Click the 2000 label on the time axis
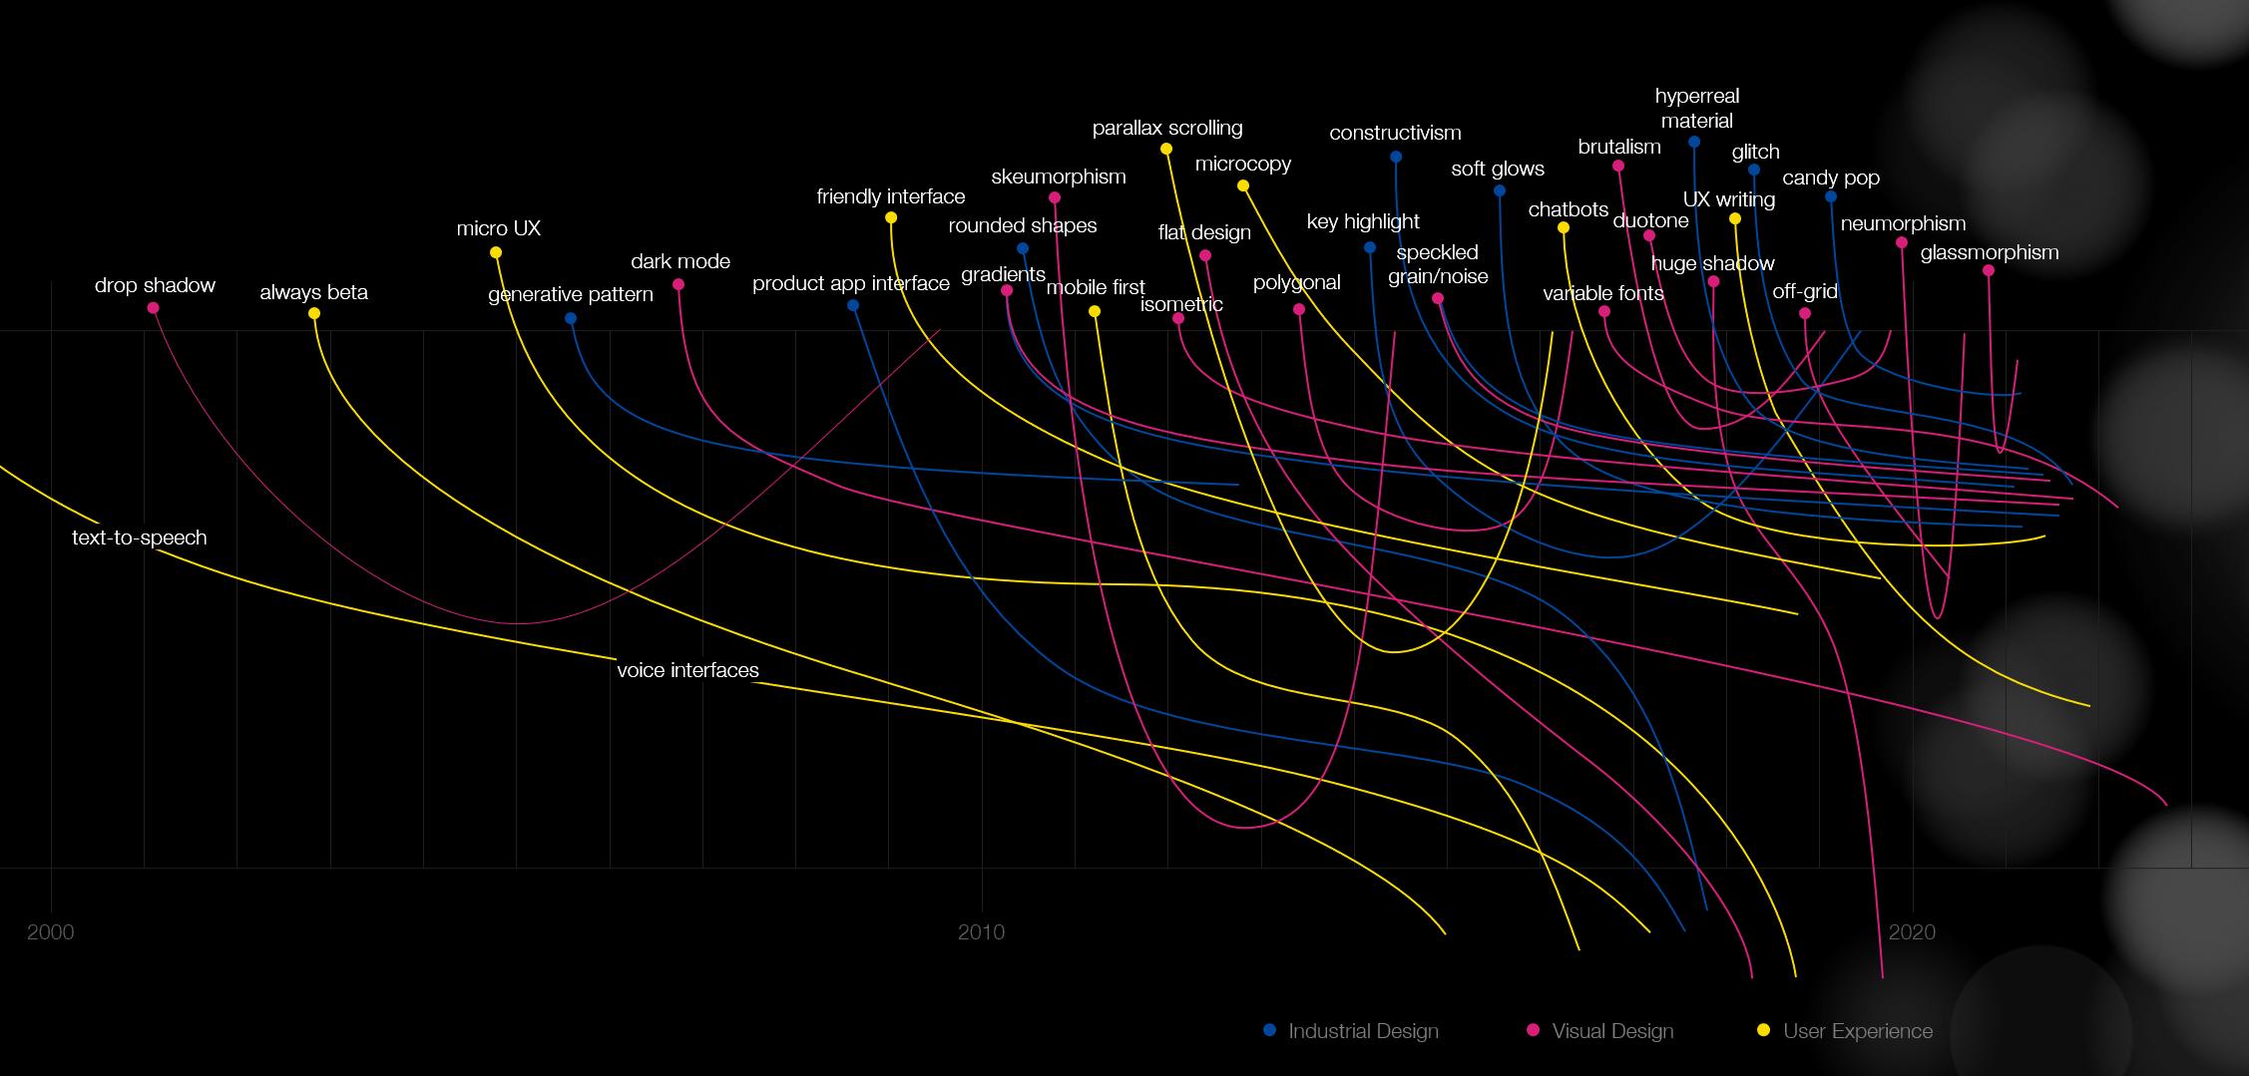50,932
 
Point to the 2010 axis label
981,932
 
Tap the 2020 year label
1912,932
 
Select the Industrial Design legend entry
1351,1031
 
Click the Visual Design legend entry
1600,1031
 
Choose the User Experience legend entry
1845,1031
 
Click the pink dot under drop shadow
153,308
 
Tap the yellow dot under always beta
314,313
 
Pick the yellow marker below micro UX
496,252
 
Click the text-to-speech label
140,538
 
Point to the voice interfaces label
687,670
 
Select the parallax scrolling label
1167,128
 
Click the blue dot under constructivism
1396,157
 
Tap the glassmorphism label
1990,252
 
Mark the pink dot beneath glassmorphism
1989,270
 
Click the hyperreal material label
1696,108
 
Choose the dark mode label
680,261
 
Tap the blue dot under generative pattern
571,319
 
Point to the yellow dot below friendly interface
891,217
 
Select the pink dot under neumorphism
1902,242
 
